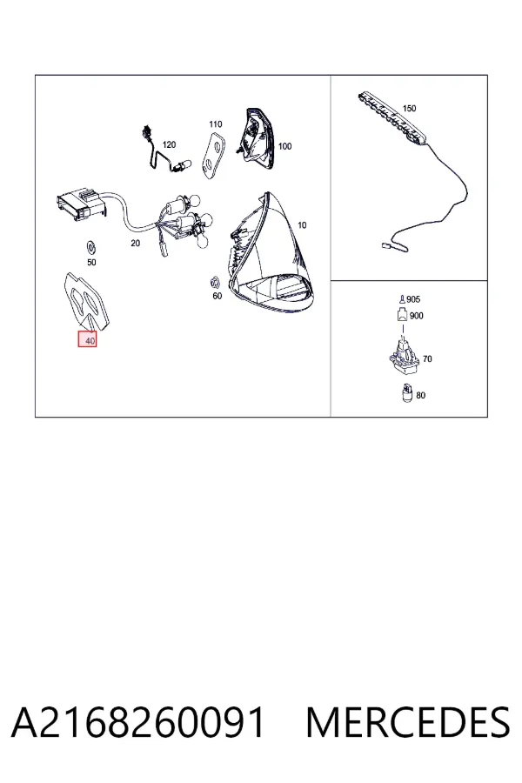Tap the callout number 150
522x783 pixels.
pos(409,109)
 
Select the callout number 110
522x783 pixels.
pos(215,124)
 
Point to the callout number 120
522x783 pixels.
pos(169,144)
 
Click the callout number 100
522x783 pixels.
pos(284,146)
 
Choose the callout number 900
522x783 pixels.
pos(416,316)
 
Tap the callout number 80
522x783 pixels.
pos(420,396)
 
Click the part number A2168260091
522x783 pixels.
pos(137,723)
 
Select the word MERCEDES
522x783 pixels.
pos(408,723)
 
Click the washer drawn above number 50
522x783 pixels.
pos(91,247)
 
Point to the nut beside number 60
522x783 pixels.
pos(215,283)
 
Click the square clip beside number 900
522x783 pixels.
pos(403,315)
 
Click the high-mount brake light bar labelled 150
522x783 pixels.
pos(393,117)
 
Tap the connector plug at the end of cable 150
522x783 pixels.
pos(387,245)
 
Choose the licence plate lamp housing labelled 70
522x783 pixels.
pos(405,354)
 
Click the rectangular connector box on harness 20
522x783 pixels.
pos(81,204)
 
